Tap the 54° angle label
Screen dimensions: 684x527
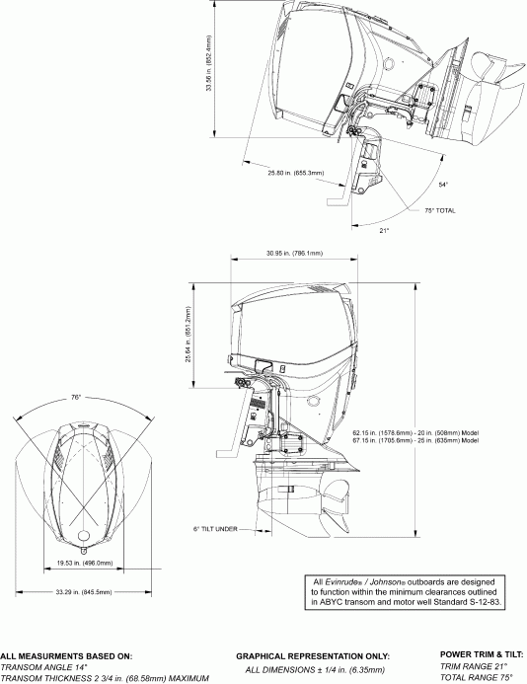point(444,185)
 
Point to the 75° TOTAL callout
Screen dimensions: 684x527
point(440,210)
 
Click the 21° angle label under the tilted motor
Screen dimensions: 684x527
point(385,231)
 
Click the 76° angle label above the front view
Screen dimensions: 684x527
point(76,397)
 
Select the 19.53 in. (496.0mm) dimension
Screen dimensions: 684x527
point(83,564)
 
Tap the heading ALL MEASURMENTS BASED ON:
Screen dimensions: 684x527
point(61,655)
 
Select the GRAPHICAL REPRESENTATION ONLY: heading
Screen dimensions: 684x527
point(313,655)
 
